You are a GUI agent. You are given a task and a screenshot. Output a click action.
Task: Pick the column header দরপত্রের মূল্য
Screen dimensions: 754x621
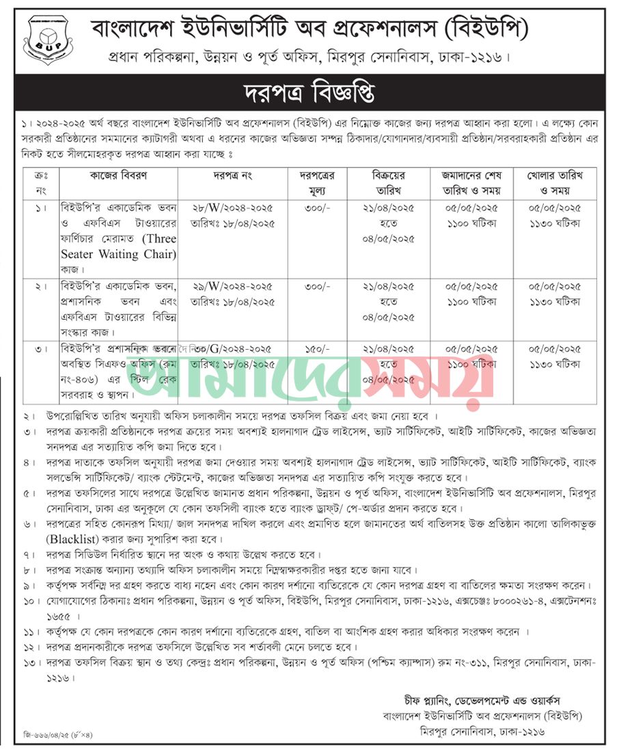(x=320, y=182)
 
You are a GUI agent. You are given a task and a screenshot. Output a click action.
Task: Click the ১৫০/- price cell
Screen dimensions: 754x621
(x=320, y=349)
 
